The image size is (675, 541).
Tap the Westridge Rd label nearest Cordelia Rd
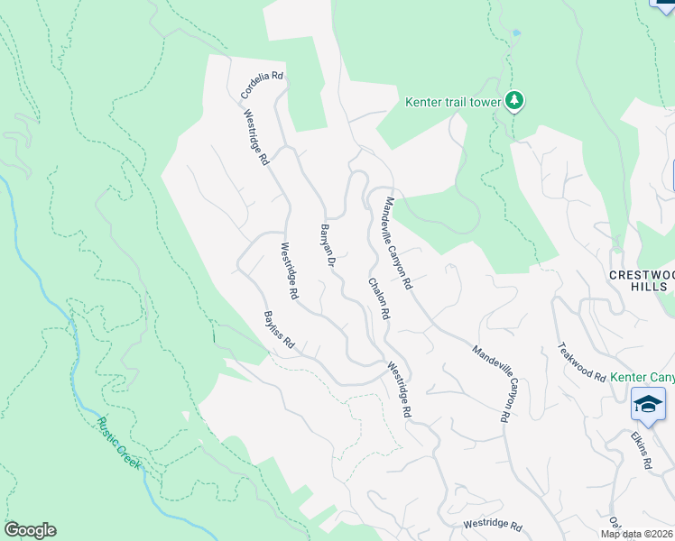point(256,138)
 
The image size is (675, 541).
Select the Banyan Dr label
point(328,246)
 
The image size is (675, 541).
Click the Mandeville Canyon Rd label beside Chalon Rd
point(399,243)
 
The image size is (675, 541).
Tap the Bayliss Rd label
point(279,331)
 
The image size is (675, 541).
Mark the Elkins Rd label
point(642,449)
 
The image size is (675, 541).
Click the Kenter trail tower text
point(453,102)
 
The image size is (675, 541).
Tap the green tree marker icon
point(514,100)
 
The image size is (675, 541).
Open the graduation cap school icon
point(648,405)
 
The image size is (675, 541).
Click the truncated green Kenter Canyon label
point(643,376)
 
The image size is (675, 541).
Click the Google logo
point(30,530)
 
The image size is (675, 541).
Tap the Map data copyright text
point(637,534)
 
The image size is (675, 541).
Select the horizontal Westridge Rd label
point(493,525)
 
